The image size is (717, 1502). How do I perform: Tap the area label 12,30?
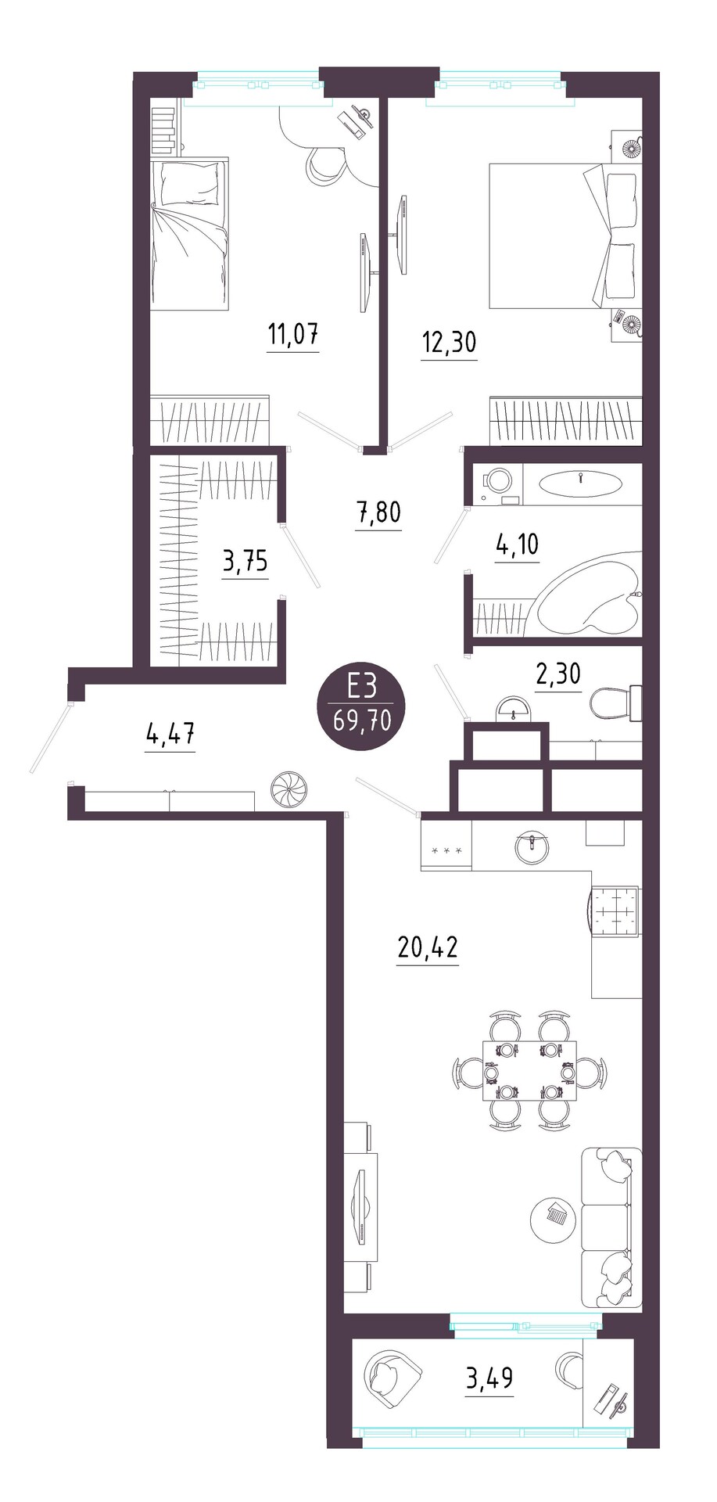point(449,343)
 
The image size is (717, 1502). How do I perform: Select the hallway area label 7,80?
point(378,513)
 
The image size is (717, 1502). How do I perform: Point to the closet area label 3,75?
point(246,561)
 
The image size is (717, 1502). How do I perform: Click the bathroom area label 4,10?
point(518,544)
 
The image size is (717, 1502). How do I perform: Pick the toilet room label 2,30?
point(558,673)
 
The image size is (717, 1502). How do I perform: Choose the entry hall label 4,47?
point(170,735)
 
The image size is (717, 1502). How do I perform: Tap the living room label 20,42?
point(428,948)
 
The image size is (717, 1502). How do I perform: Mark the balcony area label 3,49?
point(489,1378)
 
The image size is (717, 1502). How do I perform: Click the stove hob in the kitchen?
point(613,912)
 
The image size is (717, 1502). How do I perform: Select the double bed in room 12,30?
point(565,235)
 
